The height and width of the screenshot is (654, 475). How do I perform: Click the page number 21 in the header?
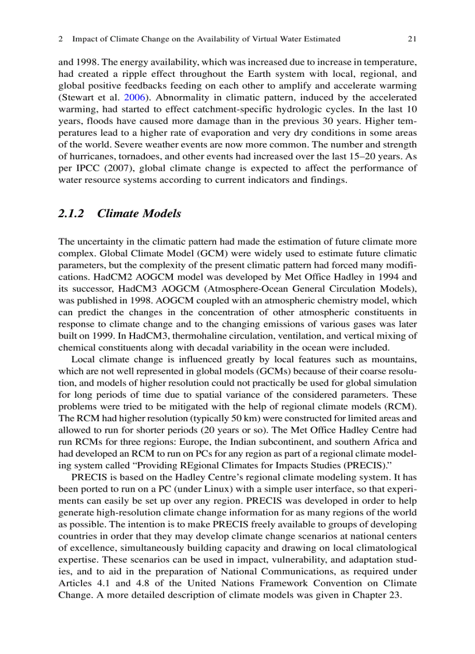[412, 39]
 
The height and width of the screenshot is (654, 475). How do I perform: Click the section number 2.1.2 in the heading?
[71, 214]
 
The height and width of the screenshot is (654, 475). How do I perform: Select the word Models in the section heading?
[159, 214]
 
